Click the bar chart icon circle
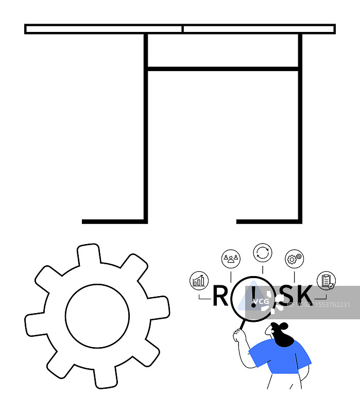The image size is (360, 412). pyautogui.click(x=198, y=280)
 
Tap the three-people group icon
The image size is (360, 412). pyautogui.click(x=231, y=259)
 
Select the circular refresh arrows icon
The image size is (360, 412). pyautogui.click(x=263, y=253)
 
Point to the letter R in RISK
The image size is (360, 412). pyautogui.click(x=220, y=296)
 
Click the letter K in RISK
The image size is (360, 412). pyautogui.click(x=304, y=296)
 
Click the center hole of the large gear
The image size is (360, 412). pyautogui.click(x=97, y=316)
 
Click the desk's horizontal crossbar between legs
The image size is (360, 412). pyautogui.click(x=222, y=68)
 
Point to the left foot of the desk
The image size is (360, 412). pyautogui.click(x=113, y=221)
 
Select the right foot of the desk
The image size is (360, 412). pyautogui.click(x=268, y=221)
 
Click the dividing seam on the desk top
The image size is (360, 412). pyautogui.click(x=182, y=29)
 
